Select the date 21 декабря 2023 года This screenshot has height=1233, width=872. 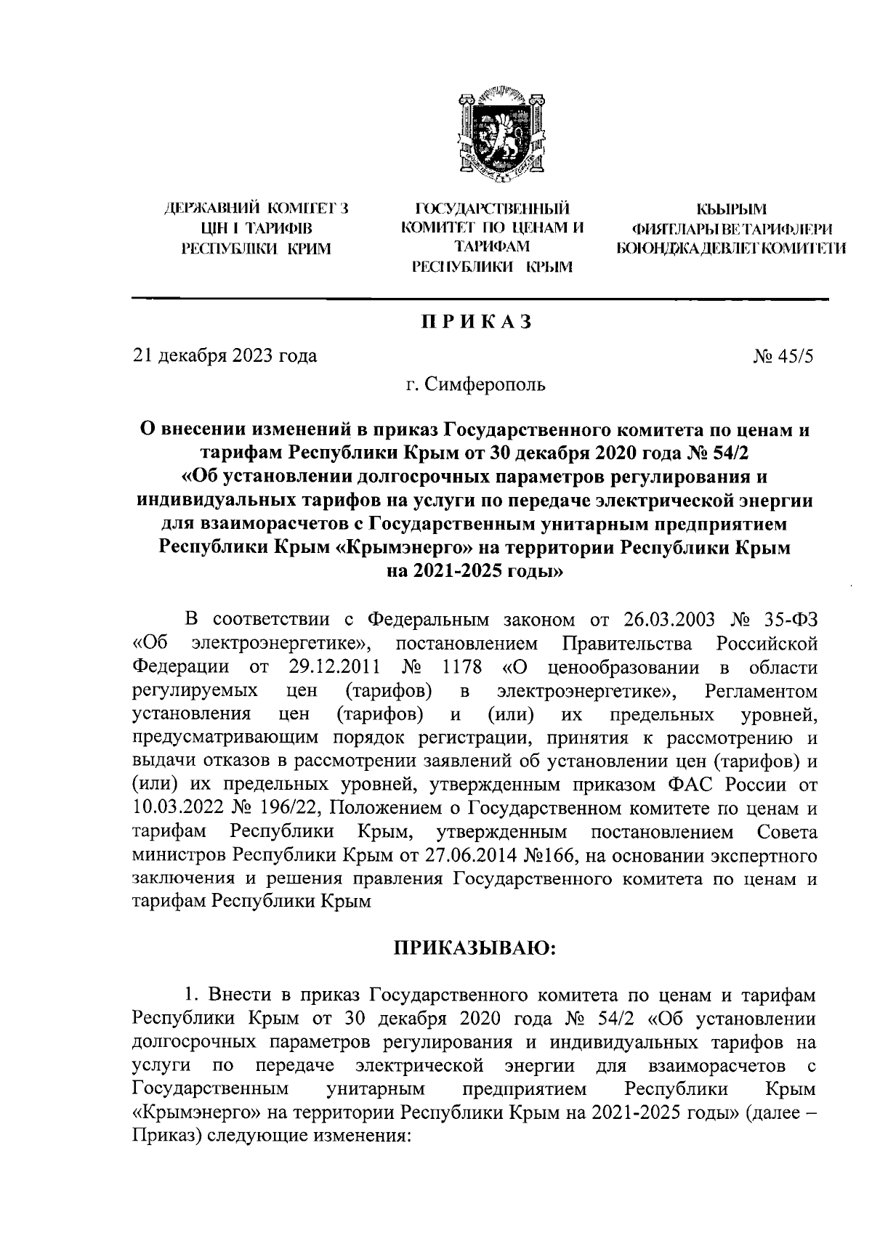(x=225, y=356)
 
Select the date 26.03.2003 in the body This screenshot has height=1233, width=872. (x=666, y=620)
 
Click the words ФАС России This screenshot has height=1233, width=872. (x=714, y=785)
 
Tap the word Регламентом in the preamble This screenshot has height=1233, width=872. (x=761, y=690)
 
